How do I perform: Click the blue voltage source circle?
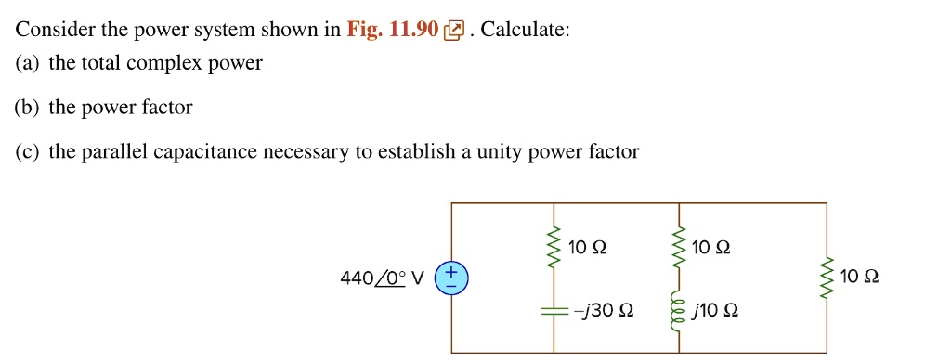tap(452, 278)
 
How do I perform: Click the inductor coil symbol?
tap(681, 311)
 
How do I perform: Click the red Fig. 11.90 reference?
tap(392, 30)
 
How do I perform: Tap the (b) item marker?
tap(27, 108)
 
